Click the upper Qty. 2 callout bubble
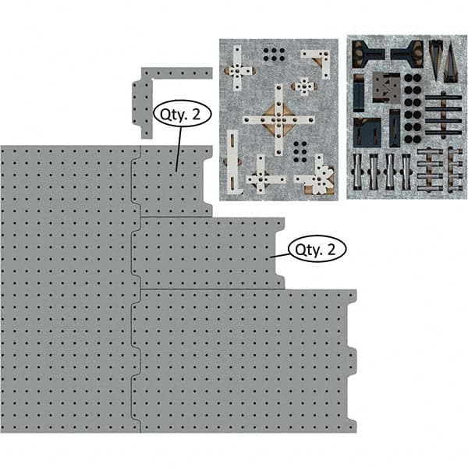coord(181,114)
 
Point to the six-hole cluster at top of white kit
coord(274,54)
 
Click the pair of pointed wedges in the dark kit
coord(444,58)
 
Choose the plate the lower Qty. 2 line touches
coord(207,253)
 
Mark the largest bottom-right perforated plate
coord(242,359)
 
